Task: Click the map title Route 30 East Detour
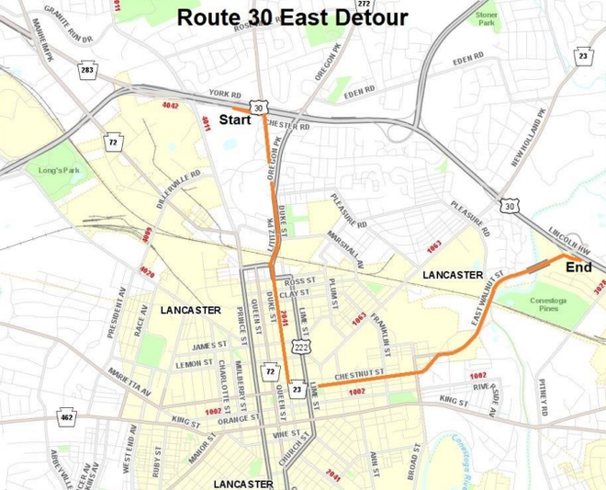(292, 17)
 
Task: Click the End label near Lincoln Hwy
(578, 268)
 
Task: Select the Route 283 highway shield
(87, 70)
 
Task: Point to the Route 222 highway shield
(300, 347)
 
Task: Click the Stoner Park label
(487, 19)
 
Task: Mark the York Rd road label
(223, 94)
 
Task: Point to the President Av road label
(116, 312)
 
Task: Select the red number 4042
(170, 106)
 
